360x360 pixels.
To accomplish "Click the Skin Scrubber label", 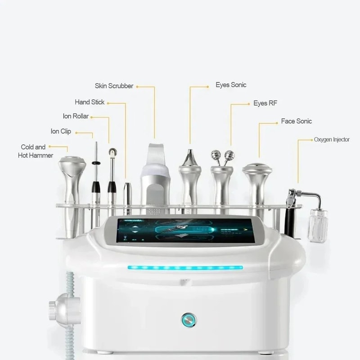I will click(x=114, y=85).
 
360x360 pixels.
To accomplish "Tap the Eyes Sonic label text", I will click(x=231, y=85).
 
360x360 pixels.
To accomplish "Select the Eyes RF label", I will click(x=265, y=103).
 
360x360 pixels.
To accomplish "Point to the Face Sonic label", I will click(x=296, y=121).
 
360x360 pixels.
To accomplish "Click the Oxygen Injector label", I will click(x=332, y=139).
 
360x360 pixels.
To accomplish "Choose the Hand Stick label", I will click(x=90, y=102).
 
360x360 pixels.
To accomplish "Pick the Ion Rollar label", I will click(x=76, y=116).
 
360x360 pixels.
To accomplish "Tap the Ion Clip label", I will click(x=60, y=131).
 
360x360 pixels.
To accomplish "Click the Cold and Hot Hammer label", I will click(x=36, y=151).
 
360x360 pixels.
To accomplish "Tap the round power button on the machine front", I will click(x=189, y=320).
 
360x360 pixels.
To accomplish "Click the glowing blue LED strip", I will click(x=185, y=267).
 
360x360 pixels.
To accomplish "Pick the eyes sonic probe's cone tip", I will click(x=190, y=157).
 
